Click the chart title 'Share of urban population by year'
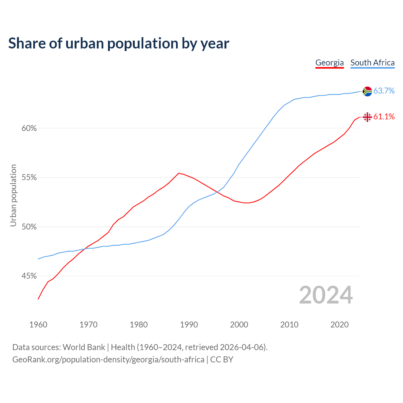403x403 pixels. [x=119, y=43]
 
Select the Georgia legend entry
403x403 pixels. [x=329, y=63]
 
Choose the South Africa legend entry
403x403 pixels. [x=372, y=63]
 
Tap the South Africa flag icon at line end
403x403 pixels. [x=367, y=91]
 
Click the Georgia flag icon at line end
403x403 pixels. [x=367, y=117]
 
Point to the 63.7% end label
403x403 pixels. [x=384, y=91]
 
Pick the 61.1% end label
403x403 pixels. [x=384, y=117]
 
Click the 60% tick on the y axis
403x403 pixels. [x=29, y=128]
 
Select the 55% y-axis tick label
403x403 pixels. [x=29, y=178]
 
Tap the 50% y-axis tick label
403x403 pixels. [x=29, y=227]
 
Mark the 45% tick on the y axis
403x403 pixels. [x=29, y=276]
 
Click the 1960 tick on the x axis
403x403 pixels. [x=38, y=325]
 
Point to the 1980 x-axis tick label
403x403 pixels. [x=139, y=325]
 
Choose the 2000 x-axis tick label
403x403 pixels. [x=239, y=325]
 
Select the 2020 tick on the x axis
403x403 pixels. [x=339, y=325]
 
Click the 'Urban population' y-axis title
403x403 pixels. [x=13, y=195]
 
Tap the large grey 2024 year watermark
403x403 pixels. [x=326, y=295]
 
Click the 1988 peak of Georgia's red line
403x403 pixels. [x=179, y=173]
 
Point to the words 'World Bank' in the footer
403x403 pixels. [x=84, y=347]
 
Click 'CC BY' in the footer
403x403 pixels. [x=222, y=360]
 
